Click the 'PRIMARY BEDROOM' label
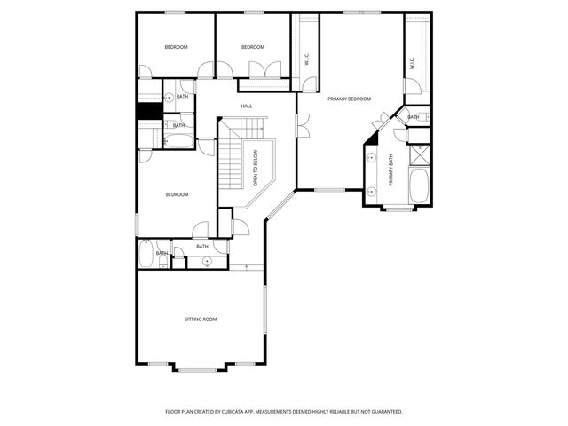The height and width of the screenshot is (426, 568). pos(349,99)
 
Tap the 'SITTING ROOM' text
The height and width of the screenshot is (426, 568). pos(201,319)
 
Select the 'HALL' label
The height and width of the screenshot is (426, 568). pos(247,106)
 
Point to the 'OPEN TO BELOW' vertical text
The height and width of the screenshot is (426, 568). pos(255,168)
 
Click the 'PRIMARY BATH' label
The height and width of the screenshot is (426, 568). pos(390,170)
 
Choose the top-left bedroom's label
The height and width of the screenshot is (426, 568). pos(176,47)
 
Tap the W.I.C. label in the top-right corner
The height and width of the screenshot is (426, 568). pos(412,64)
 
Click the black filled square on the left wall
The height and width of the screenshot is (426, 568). pos(148,111)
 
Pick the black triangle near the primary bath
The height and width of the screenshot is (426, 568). pos(373,138)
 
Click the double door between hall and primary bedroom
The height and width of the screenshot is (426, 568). pos(302,126)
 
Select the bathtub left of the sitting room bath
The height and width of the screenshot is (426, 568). pos(147,254)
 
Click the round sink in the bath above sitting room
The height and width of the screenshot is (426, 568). pos(206,261)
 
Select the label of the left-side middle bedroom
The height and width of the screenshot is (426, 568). pos(176,194)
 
